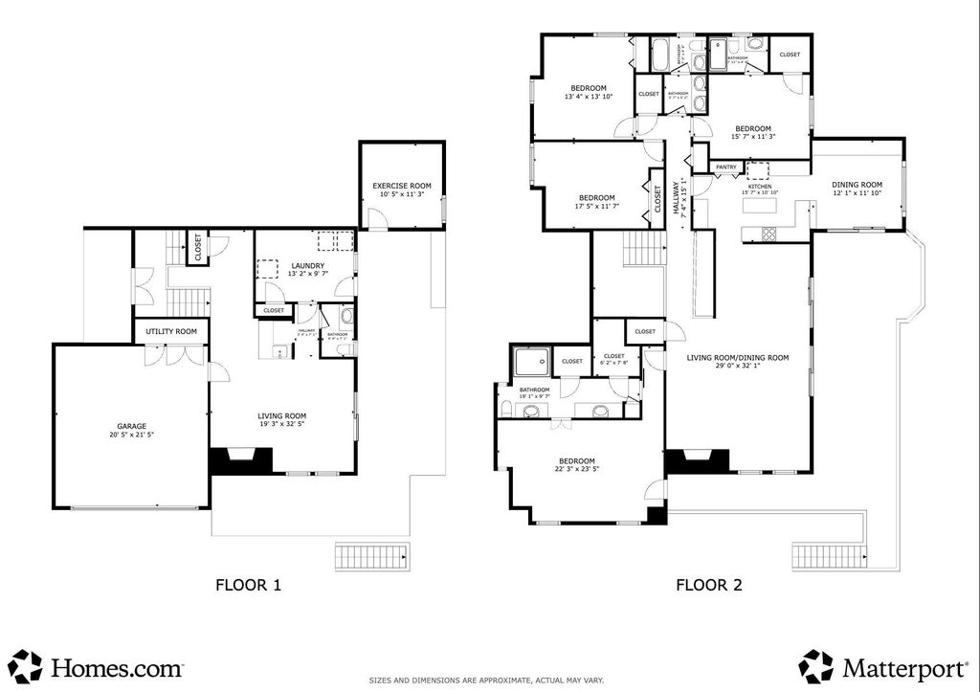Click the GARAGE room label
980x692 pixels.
pyautogui.click(x=132, y=425)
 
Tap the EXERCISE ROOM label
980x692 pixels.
pyautogui.click(x=402, y=185)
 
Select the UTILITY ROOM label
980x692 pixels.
pyautogui.click(x=171, y=331)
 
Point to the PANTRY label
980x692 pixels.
pyautogui.click(x=726, y=167)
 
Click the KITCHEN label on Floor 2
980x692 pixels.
pyautogui.click(x=759, y=187)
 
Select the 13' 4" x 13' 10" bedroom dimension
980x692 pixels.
pyautogui.click(x=588, y=97)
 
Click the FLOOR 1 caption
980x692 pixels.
pyautogui.click(x=248, y=584)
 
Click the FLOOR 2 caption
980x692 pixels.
pyautogui.click(x=709, y=584)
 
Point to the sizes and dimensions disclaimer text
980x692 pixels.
pyautogui.click(x=487, y=681)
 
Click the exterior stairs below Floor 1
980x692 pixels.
pyautogui.click(x=372, y=557)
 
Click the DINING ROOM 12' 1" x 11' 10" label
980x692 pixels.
pyautogui.click(x=856, y=189)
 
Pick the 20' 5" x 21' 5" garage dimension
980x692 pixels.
pyautogui.click(x=132, y=435)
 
